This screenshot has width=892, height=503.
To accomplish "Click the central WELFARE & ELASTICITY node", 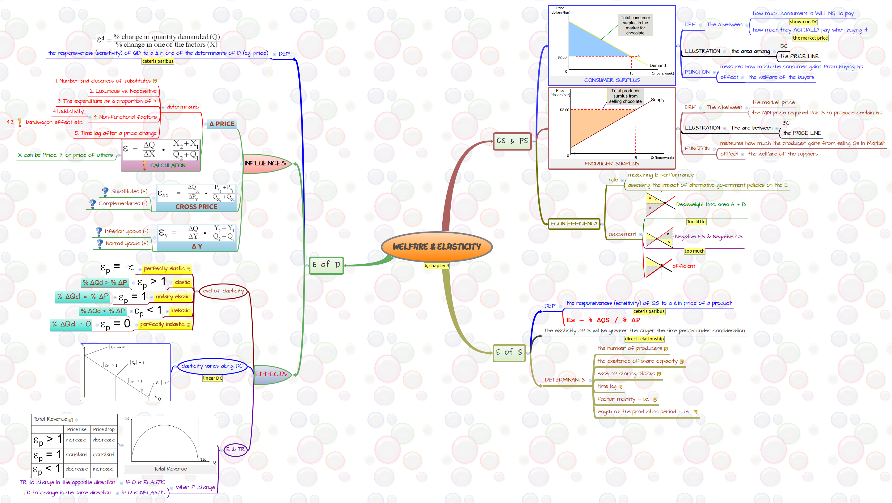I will pos(436,246).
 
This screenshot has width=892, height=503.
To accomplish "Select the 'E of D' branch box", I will pos(326,265).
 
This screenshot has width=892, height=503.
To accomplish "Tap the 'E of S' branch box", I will pos(509,352).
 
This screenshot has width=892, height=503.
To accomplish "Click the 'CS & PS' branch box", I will pos(512,141).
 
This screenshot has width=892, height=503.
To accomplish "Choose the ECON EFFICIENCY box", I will pos(574,224).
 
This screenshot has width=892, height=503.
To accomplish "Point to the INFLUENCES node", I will pos(265,163).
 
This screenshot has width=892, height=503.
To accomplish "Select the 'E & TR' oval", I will pos(235,449).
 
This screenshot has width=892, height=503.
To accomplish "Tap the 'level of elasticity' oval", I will pos(223,291).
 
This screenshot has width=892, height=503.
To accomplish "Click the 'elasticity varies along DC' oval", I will pos(212,366).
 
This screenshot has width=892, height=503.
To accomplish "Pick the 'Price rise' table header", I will pos(77,429).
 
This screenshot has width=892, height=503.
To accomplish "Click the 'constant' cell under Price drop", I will pos(103,454).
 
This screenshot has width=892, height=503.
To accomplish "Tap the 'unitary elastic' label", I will pos(172,297).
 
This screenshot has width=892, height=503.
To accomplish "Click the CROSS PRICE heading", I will pos(196,207).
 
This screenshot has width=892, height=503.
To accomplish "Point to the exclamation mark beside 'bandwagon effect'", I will pos(20,122).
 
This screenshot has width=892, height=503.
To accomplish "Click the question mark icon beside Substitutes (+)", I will pos(105,191).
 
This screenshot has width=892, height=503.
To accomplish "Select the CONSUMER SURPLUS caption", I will pos(612,80).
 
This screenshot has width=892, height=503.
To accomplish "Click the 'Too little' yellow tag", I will pos(696,222).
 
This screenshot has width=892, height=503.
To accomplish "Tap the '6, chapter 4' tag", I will pos(437,266).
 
